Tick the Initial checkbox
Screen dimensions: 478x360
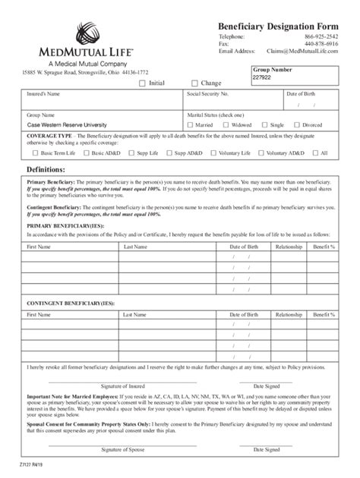pos(142,83)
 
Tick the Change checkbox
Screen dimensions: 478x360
pos(194,83)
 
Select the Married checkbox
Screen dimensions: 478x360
pos(191,124)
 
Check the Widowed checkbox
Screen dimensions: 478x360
pos(226,124)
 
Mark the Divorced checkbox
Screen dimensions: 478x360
pos(298,124)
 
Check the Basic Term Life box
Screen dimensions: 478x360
pos(31,153)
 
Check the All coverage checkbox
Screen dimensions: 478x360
pos(315,153)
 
